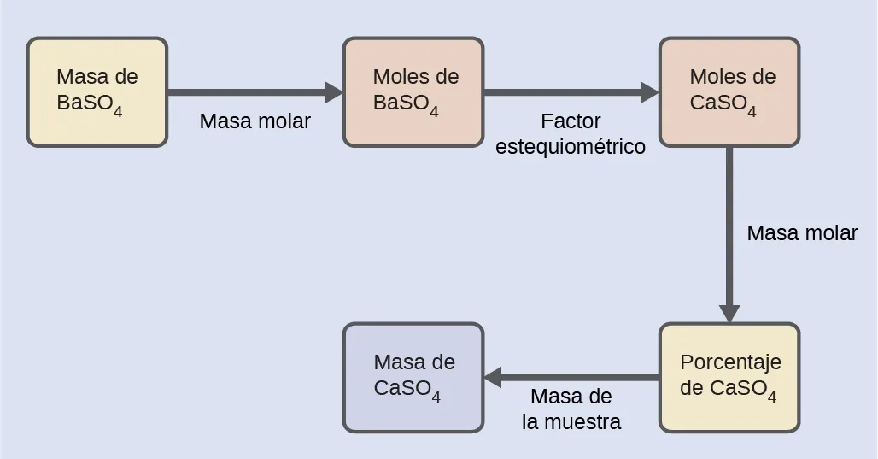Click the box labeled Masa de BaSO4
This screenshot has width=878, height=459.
(97, 92)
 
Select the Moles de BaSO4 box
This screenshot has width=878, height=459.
(413, 92)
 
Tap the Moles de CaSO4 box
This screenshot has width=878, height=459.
(729, 92)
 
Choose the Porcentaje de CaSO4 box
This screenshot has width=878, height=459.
(729, 377)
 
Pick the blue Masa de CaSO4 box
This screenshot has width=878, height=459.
(413, 377)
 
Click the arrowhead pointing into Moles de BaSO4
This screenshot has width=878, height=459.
(333, 92)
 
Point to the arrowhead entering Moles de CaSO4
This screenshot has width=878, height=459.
(649, 92)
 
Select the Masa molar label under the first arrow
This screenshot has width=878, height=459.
(255, 121)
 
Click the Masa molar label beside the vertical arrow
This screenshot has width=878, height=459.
(802, 233)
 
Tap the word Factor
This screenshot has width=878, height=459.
(571, 121)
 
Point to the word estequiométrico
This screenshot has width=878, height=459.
(571, 147)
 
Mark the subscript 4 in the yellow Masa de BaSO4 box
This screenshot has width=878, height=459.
(118, 111)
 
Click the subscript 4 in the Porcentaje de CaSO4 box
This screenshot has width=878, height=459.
(772, 397)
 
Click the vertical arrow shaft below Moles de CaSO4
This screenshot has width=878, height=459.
(729, 222)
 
